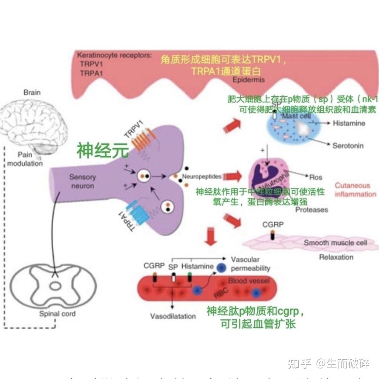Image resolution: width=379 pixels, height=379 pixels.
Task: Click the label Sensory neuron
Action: pyautogui.click(x=82, y=181)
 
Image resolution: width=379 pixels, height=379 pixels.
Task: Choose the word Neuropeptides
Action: pyautogui.click(x=207, y=177)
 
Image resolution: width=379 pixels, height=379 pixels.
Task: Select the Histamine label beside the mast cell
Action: pyautogui.click(x=349, y=123)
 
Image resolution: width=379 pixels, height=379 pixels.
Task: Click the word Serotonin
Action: pyautogui.click(x=348, y=145)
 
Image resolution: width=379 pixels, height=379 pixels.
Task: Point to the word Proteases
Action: pyautogui.click(x=312, y=209)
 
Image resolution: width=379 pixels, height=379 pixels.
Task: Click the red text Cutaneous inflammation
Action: pyautogui.click(x=355, y=190)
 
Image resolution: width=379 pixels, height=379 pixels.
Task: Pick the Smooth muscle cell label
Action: pyautogui.click(x=335, y=243)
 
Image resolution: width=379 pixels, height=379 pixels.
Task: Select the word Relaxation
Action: pyautogui.click(x=336, y=257)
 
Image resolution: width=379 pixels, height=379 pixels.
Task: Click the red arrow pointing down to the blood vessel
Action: pyautogui.click(x=212, y=236)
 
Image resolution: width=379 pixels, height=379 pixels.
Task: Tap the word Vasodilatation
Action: pyautogui.click(x=173, y=316)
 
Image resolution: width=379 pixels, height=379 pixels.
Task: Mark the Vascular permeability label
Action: pyautogui.click(x=251, y=264)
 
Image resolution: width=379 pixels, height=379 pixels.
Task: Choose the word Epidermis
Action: pyautogui.click(x=249, y=80)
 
